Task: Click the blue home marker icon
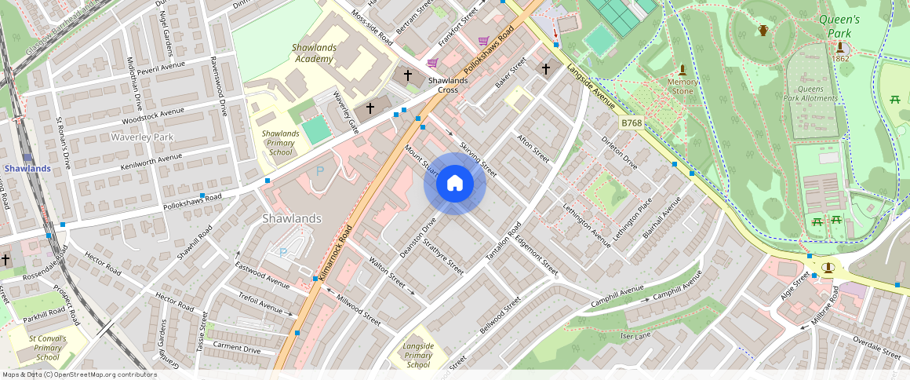(x=454, y=184)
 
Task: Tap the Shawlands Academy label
(x=314, y=53)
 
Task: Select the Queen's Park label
(x=839, y=26)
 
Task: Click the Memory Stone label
(x=682, y=86)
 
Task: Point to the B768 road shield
(x=631, y=122)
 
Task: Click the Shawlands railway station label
(x=27, y=168)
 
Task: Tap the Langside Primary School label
(x=418, y=355)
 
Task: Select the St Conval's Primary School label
(x=48, y=348)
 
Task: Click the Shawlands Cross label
(x=448, y=85)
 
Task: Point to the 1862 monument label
(x=839, y=59)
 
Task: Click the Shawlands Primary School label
(x=280, y=143)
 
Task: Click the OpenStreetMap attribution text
(x=79, y=375)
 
